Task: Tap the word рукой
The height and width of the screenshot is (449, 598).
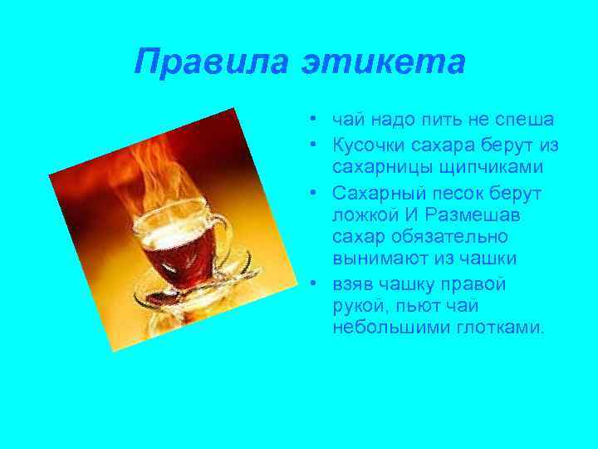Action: coord(355,308)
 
